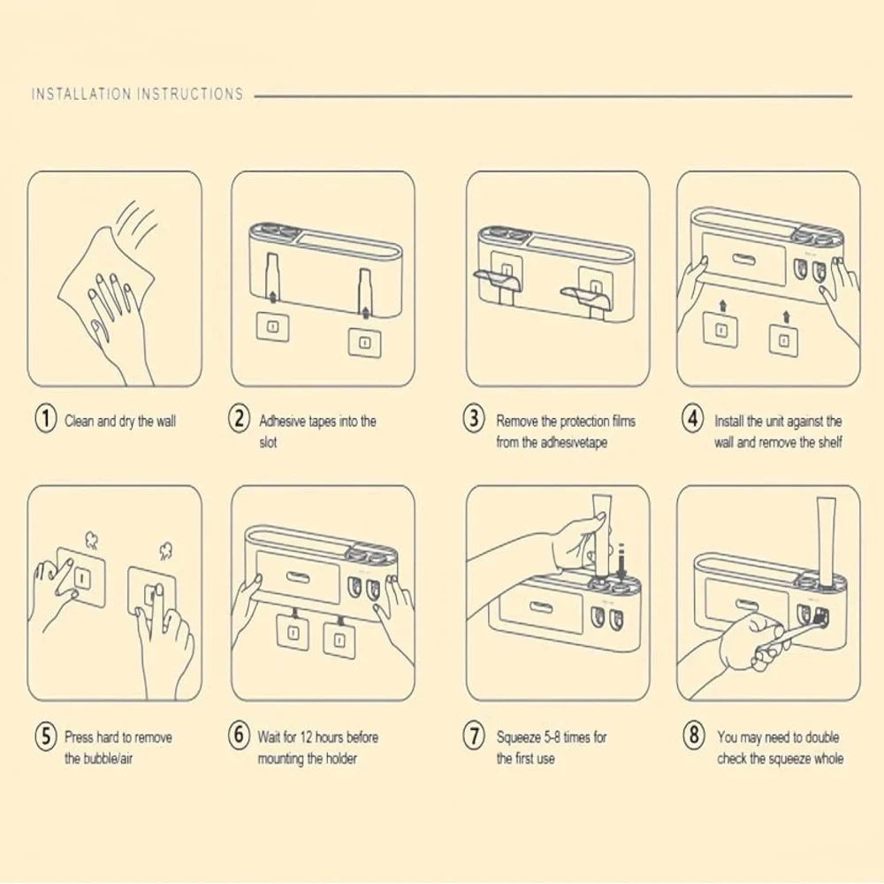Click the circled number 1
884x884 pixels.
tap(45, 420)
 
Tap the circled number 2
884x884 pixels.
tap(240, 420)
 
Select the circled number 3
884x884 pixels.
tap(475, 420)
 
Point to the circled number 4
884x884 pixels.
tap(694, 420)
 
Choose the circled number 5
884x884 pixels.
tap(45, 735)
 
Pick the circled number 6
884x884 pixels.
tap(240, 735)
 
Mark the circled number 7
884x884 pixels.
tap(475, 735)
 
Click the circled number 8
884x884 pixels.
tap(694, 735)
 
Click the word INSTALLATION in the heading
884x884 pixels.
tap(81, 94)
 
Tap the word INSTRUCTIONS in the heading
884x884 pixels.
tap(189, 94)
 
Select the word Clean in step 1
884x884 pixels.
tap(79, 422)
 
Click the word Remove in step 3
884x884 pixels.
tap(518, 422)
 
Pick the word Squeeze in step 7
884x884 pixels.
tap(522, 737)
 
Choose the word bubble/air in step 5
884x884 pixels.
tap(108, 759)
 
